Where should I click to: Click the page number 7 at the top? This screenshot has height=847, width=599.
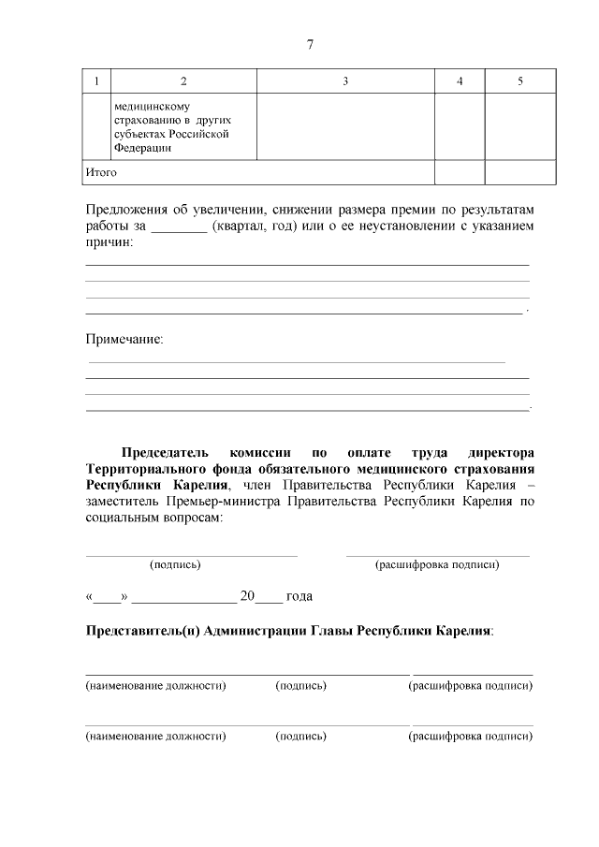(x=310, y=45)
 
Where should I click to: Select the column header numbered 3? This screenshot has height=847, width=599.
(x=345, y=81)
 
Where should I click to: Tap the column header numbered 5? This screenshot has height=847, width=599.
(x=520, y=81)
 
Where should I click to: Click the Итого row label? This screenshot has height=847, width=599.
(x=101, y=172)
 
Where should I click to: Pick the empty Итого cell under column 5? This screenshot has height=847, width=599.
(x=520, y=172)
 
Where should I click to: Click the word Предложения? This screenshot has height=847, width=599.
(x=127, y=210)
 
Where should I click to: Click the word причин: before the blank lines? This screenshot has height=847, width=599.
(x=110, y=243)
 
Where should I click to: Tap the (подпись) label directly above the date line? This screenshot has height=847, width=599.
(x=175, y=564)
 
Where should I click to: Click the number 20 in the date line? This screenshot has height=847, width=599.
(x=247, y=595)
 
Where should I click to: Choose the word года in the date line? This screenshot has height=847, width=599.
(x=299, y=595)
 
